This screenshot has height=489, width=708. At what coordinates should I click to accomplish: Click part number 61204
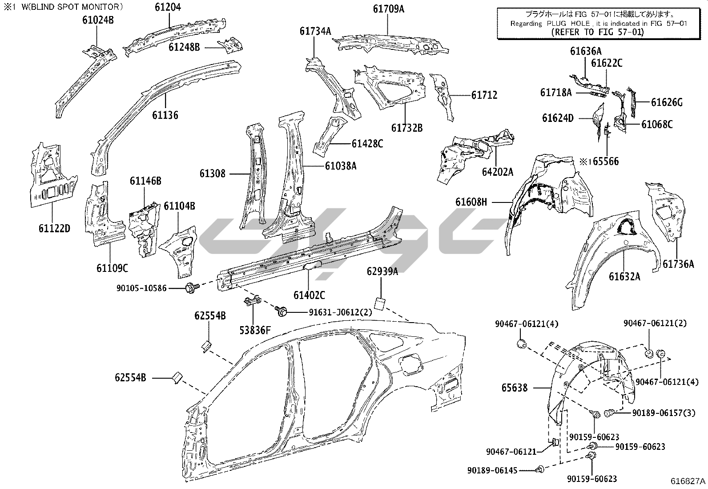point(168,8)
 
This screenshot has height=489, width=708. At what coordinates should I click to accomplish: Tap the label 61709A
point(388,8)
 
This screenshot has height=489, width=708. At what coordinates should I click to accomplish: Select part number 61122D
point(54,229)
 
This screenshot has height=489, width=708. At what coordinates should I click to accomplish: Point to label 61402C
point(309,295)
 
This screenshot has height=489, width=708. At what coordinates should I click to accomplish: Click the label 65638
point(515,388)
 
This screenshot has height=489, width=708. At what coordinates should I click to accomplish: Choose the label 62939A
point(382,271)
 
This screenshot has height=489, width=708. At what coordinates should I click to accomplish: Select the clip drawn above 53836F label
point(251,302)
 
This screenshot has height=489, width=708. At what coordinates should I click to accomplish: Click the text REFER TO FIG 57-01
point(597,32)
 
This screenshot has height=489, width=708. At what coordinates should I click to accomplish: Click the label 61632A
point(624,277)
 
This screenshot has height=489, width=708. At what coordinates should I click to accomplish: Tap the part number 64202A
point(497,172)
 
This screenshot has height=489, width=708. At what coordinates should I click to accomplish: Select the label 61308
point(213,174)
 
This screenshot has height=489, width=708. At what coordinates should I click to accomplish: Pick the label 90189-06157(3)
point(664,413)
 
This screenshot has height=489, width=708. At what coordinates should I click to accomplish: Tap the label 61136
point(165,115)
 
